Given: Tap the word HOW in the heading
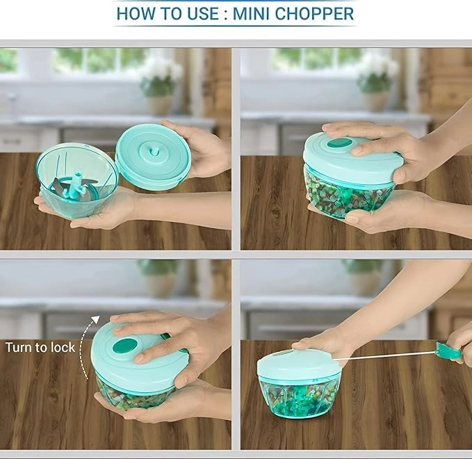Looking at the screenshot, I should [x=137, y=13].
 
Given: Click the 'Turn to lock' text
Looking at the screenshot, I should [x=40, y=347].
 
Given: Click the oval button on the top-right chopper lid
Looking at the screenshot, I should [x=339, y=143].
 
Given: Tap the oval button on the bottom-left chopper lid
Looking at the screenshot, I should [x=125, y=346].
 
